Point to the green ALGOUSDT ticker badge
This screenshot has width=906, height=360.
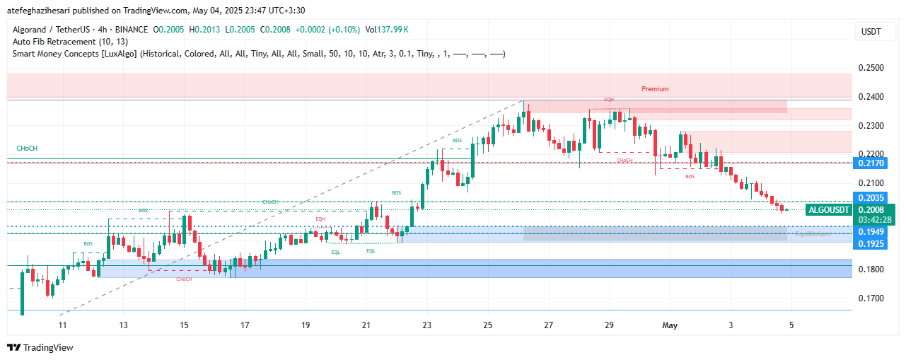click(828, 210)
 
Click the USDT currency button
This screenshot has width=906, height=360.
click(871, 32)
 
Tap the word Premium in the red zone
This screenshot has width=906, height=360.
click(655, 89)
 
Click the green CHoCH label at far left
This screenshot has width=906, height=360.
click(27, 148)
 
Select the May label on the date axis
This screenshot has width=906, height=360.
click(669, 325)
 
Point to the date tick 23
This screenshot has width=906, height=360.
click(426, 325)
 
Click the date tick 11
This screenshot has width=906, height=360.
click(62, 325)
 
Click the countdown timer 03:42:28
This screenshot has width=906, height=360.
click(876, 220)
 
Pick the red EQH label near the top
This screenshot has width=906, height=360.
click(609, 100)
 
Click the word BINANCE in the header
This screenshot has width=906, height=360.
click(130, 30)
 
